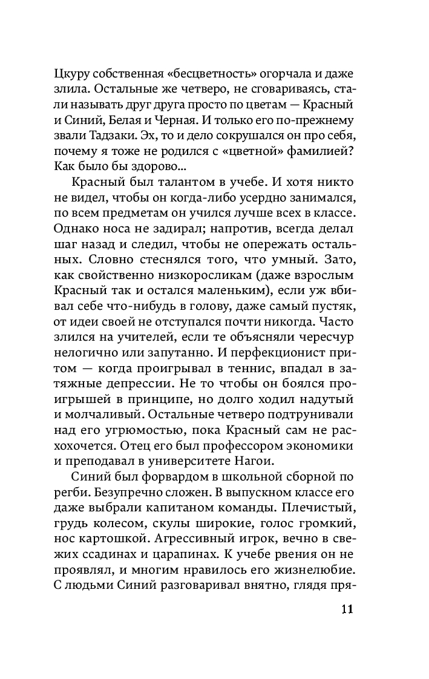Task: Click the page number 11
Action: (342, 609)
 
